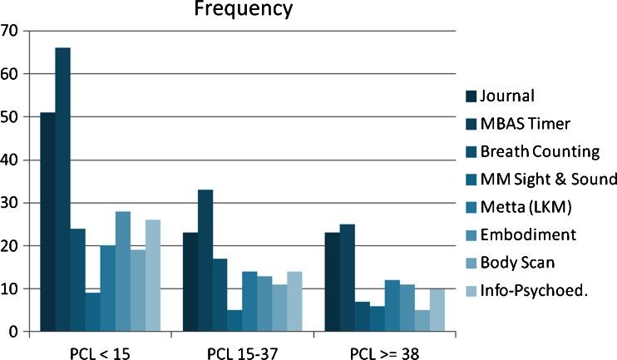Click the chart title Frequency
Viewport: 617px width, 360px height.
pos(244,10)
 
